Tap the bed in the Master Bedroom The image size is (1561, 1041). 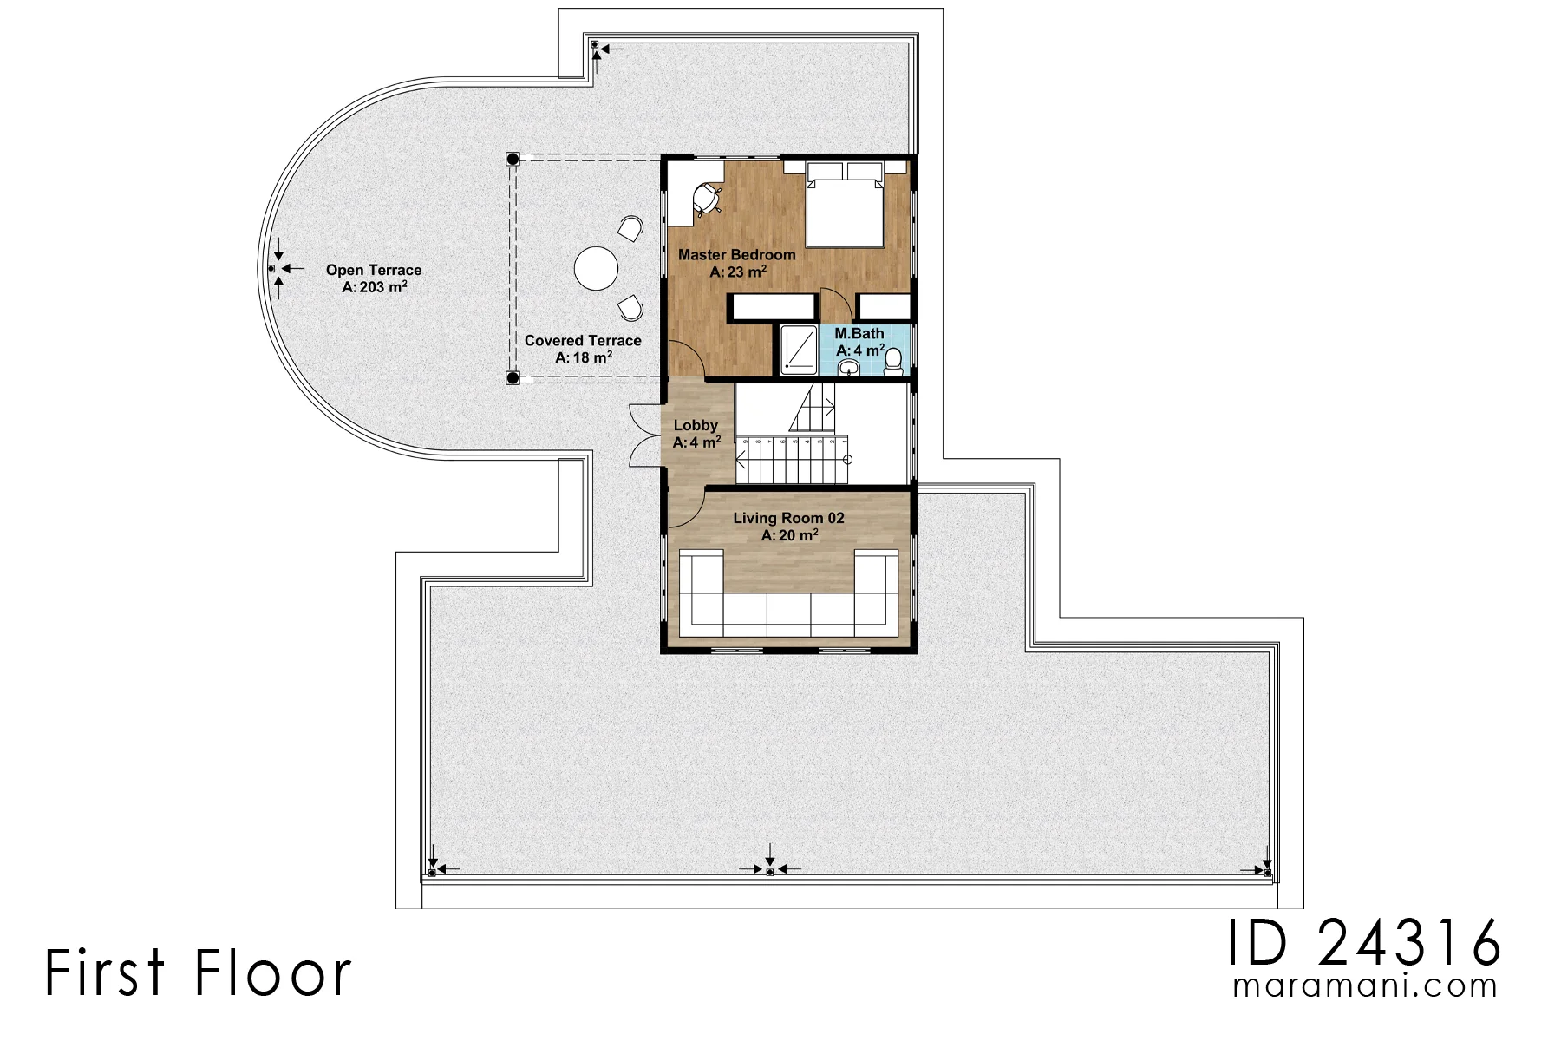pos(845,203)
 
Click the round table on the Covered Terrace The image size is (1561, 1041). pos(596,268)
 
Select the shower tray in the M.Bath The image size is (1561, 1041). pos(798,350)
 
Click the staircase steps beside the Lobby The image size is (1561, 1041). pos(790,460)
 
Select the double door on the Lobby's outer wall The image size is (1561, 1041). pos(645,435)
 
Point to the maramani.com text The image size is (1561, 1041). pos(1365,986)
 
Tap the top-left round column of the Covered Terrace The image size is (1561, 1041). pos(513,160)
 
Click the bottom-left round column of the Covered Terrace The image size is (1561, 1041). pos(513,377)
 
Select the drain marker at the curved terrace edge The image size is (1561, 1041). pos(271,269)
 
